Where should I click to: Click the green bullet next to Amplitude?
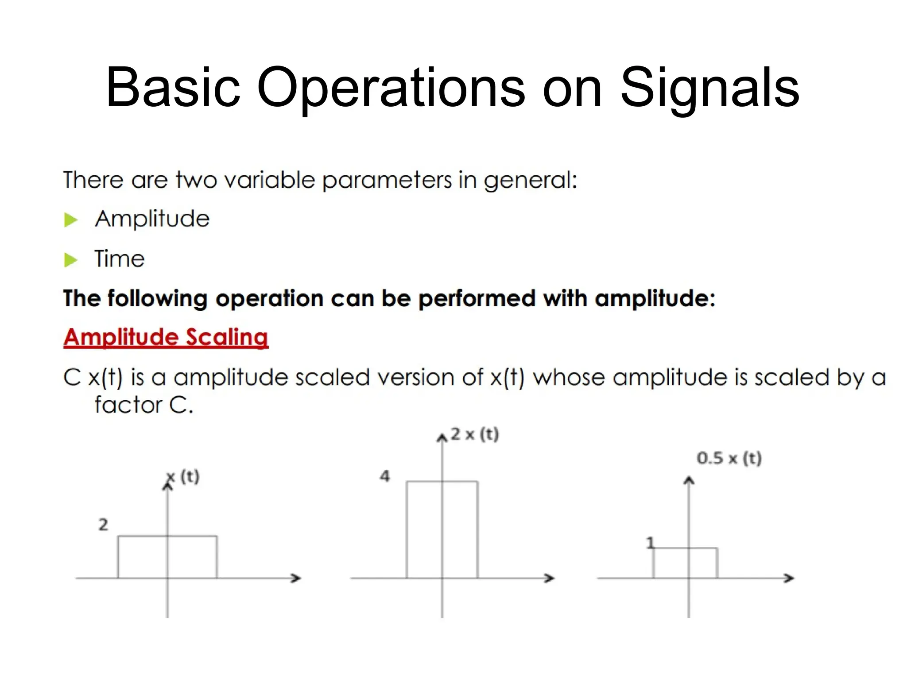point(71,220)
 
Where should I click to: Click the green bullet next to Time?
point(71,260)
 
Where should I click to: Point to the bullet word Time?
point(120,259)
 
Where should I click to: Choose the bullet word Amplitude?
point(152,219)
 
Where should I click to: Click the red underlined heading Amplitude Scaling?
point(166,337)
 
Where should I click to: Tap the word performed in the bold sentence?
point(477,298)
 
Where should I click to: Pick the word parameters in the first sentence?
point(387,181)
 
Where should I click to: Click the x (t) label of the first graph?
point(183,477)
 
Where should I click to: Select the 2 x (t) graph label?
point(475,434)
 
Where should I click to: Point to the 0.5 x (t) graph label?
point(729,458)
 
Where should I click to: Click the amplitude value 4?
point(385,476)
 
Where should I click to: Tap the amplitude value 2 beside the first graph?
point(103,525)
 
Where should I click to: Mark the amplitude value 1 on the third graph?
point(650,543)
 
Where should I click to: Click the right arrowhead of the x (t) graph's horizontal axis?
point(296,578)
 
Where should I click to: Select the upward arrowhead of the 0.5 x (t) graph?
point(689,480)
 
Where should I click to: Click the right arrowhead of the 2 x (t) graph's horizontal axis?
point(549,578)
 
